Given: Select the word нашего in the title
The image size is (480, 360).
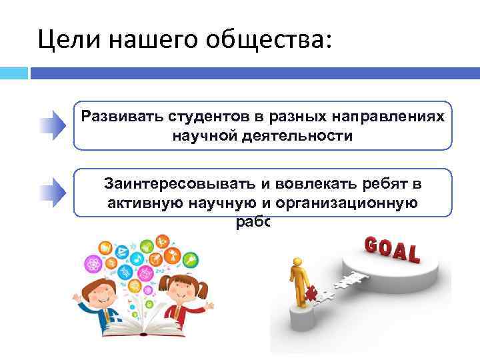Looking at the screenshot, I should pyautogui.click(x=143, y=41).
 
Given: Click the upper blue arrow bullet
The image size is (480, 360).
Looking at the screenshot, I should pyautogui.click(x=52, y=125).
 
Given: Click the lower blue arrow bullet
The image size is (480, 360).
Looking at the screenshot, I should pyautogui.click(x=52, y=193).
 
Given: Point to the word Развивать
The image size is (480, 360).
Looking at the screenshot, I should pyautogui.click(x=117, y=115).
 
